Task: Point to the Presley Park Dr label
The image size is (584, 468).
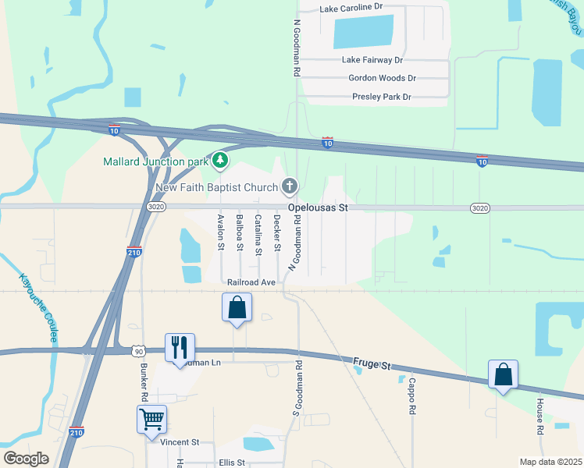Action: point(381,97)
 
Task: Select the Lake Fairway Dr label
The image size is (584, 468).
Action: point(372,59)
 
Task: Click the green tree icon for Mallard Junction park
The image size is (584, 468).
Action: point(221,161)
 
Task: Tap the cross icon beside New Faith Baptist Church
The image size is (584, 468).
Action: point(290,186)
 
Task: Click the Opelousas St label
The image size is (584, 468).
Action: point(318,208)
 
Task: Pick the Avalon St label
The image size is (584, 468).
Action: point(221,232)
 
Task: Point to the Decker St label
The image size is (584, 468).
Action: point(277,232)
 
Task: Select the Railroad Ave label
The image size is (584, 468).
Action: point(251,282)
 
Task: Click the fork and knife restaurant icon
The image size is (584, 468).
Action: point(180,347)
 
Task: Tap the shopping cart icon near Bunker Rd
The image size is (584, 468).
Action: point(152,419)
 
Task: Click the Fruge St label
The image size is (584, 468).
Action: point(371,362)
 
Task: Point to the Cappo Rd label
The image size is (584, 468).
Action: point(411,398)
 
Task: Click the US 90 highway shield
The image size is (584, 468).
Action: point(138,351)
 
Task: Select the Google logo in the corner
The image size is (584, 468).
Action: point(26,459)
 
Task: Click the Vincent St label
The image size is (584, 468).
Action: point(180,442)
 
